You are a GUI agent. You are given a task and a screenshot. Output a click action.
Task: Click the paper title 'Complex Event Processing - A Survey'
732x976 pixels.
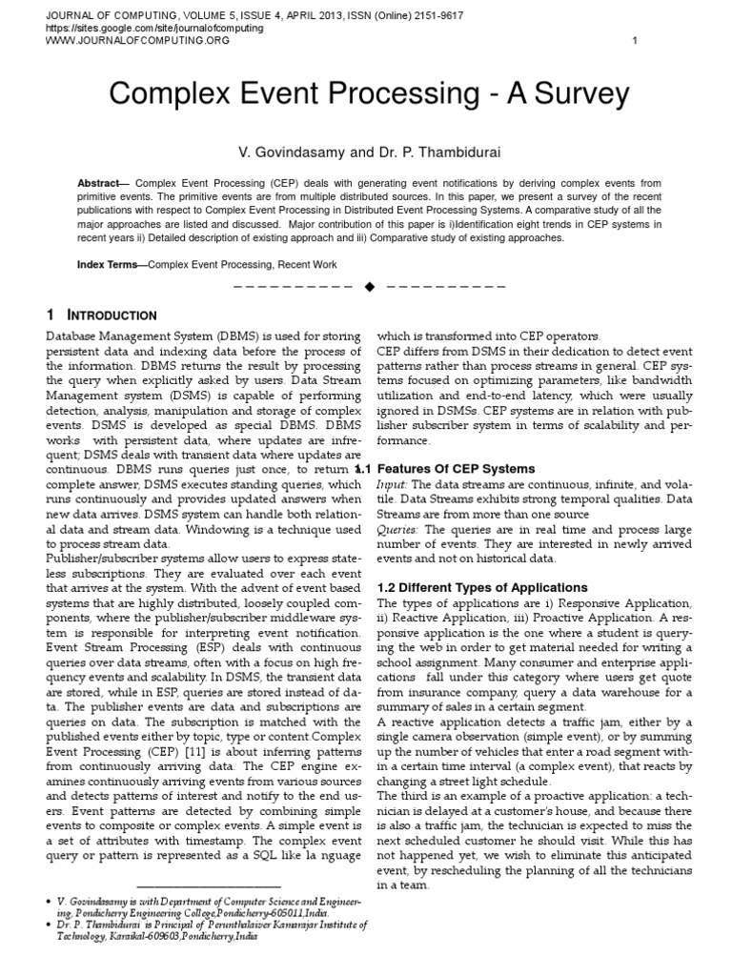tap(370, 94)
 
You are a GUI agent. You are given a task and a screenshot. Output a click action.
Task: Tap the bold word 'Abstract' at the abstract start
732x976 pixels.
tap(98, 182)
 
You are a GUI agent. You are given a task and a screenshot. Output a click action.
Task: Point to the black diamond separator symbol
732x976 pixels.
tap(370, 286)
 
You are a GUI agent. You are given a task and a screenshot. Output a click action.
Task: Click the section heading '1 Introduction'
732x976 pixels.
tap(102, 315)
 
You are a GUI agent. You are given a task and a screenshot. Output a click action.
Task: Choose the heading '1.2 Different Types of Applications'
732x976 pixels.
tap(482, 587)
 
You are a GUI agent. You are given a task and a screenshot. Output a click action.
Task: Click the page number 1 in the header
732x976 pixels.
tap(635, 40)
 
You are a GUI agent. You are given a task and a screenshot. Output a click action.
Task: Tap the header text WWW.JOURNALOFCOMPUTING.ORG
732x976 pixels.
tap(138, 41)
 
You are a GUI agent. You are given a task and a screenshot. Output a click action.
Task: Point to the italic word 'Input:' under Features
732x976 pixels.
tap(395, 485)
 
